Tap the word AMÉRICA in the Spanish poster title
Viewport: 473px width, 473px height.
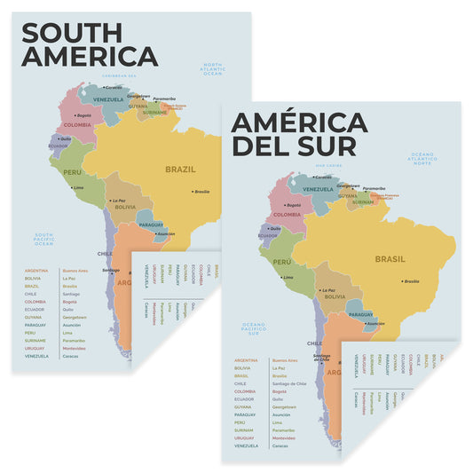tap(298, 122)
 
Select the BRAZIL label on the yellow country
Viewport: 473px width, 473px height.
tap(180, 168)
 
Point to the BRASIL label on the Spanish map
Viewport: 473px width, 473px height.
tap(390, 259)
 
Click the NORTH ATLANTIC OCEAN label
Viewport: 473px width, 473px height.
tap(214, 69)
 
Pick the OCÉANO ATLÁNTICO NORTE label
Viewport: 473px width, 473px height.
tap(422, 161)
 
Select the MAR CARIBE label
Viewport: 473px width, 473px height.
tap(327, 165)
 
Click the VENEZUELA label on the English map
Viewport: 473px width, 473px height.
tap(108, 99)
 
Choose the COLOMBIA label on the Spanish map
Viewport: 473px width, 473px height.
tap(287, 215)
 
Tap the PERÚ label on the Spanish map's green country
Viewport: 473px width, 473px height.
tap(282, 263)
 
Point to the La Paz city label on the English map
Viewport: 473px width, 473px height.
tap(119, 201)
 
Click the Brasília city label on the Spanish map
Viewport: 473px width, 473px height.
tap(411, 281)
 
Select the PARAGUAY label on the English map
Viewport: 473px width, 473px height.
tap(153, 225)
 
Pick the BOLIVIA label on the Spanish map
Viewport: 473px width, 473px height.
tap(335, 296)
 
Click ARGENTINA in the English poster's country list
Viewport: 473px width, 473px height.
tap(36, 270)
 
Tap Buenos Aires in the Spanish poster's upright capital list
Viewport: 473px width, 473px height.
tap(285, 360)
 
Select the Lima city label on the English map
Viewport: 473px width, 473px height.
tap(79, 188)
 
